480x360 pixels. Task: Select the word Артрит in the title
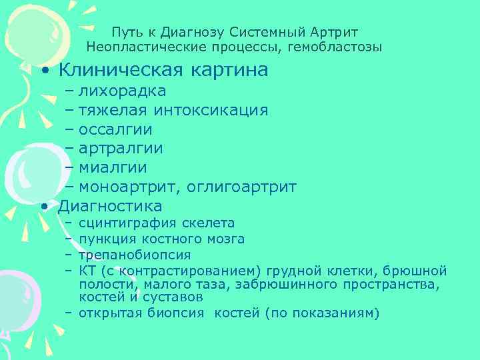pos(334,32)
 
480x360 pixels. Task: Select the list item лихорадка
pos(123,91)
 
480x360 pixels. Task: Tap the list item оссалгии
pos(115,129)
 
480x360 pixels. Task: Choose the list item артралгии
pos(121,149)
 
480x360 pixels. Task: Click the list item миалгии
pos(113,168)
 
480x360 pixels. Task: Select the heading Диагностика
pos(110,205)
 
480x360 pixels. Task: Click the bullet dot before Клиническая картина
pos(44,71)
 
